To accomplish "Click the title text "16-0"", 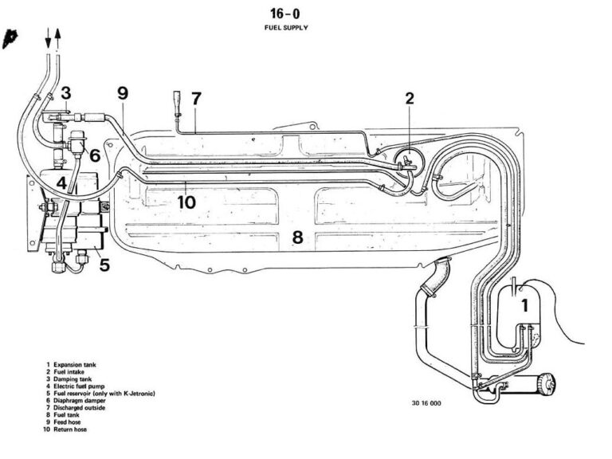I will pyautogui.click(x=286, y=14).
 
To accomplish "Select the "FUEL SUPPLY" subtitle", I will pyautogui.click(x=286, y=27).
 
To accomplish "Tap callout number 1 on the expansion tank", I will pyautogui.click(x=524, y=305).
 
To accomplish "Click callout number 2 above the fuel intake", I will pyautogui.click(x=410, y=99).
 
